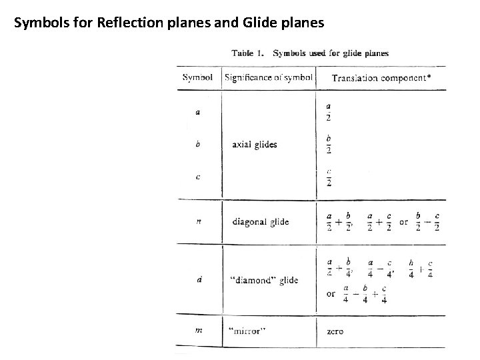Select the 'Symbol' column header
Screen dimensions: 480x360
click(197, 77)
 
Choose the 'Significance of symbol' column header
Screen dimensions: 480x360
click(269, 77)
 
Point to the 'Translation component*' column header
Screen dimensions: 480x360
click(381, 78)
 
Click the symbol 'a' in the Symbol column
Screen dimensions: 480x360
click(198, 112)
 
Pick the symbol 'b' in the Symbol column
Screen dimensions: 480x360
click(198, 143)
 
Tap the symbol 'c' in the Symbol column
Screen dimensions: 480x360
click(198, 177)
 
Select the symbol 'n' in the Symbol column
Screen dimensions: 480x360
click(198, 221)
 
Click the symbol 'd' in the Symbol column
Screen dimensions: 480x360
click(198, 279)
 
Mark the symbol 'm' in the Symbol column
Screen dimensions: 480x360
click(198, 331)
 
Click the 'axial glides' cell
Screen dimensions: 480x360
click(255, 144)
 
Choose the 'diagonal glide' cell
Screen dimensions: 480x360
click(261, 221)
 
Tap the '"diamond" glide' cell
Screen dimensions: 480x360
click(263, 280)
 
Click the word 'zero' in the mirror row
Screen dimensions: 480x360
click(335, 331)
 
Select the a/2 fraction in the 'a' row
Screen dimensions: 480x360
click(329, 112)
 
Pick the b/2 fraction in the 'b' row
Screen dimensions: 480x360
click(329, 144)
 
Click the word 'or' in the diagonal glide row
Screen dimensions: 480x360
click(403, 221)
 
